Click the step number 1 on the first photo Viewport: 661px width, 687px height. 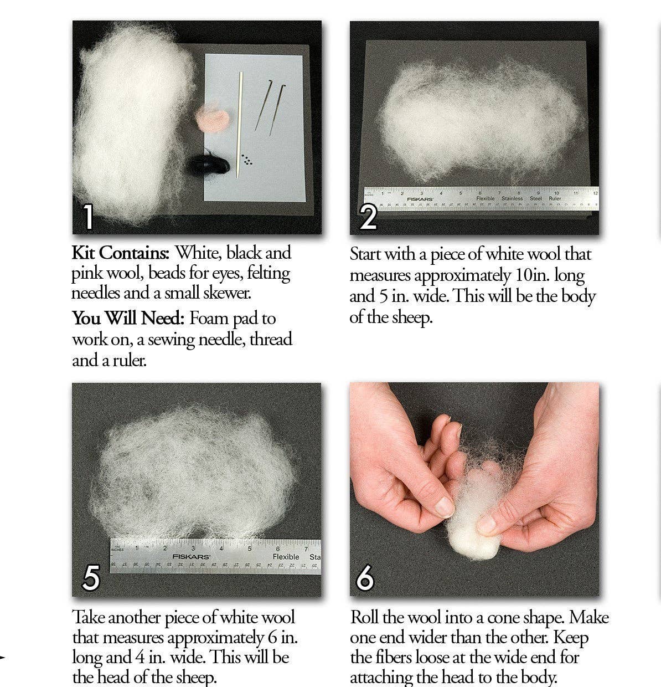click(87, 217)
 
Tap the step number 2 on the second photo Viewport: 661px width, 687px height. click(368, 217)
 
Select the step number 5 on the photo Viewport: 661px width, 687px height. click(90, 578)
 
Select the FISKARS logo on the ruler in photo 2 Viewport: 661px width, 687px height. click(420, 199)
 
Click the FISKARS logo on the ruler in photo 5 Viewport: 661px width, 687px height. click(191, 556)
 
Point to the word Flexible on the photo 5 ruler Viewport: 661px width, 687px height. click(286, 557)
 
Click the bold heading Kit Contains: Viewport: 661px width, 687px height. click(121, 253)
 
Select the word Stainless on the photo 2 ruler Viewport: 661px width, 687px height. click(512, 198)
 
